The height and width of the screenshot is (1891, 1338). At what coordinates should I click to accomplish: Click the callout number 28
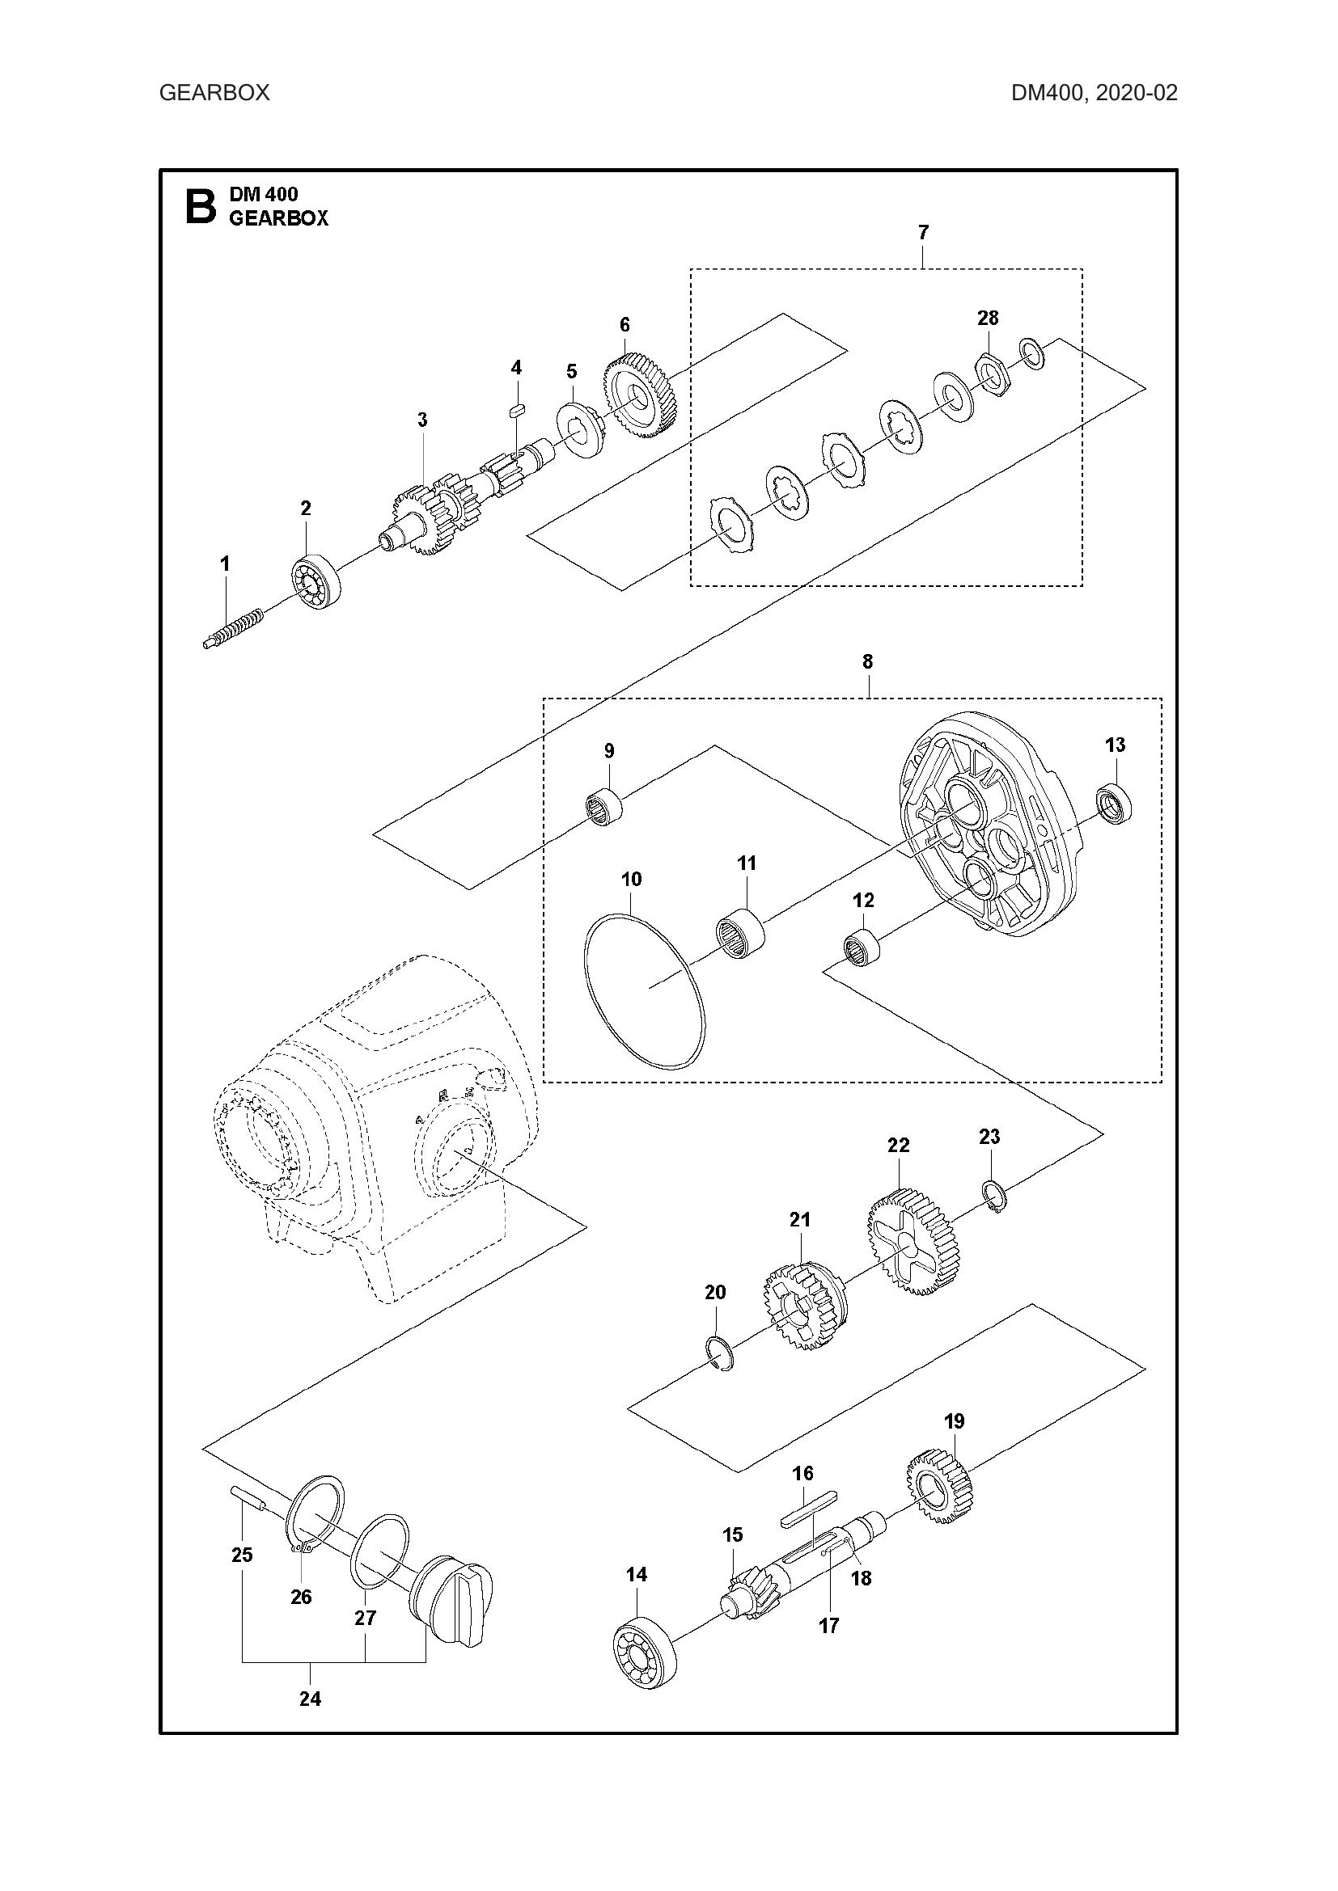[987, 318]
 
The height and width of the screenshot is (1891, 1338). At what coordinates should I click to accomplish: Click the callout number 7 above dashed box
[923, 233]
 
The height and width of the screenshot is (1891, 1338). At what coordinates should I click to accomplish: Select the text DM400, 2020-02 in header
[1095, 92]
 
